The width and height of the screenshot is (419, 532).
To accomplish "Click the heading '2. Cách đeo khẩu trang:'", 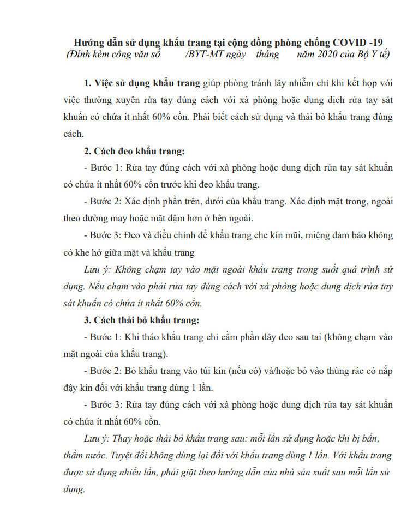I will [x=134, y=151].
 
